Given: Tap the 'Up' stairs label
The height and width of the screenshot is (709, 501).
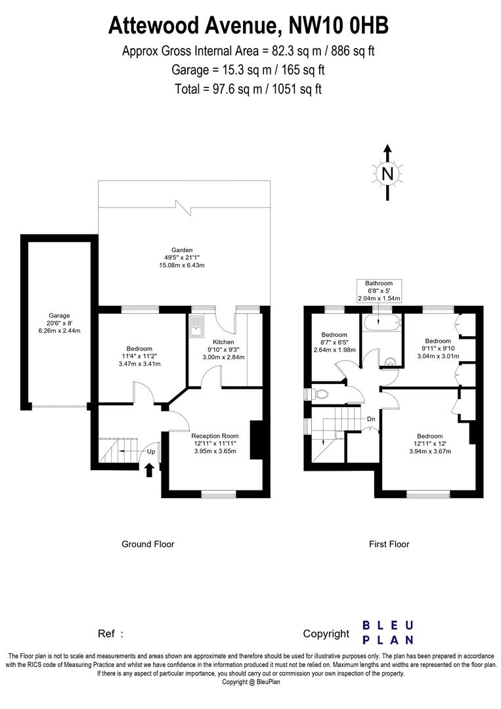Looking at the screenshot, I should (151, 452).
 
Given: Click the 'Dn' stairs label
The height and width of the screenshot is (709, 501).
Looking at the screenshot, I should (371, 419).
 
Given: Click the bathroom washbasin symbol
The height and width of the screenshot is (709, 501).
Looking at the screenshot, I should (390, 360).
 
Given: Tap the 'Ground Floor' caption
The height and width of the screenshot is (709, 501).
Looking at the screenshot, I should (148, 544).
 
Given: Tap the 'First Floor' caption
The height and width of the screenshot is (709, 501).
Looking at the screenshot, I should (389, 544).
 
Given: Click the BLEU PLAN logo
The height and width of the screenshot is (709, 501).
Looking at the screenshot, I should (388, 632).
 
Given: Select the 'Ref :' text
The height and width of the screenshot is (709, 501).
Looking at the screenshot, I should (110, 634).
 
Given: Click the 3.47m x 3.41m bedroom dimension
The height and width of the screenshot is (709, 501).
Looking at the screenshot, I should (139, 364).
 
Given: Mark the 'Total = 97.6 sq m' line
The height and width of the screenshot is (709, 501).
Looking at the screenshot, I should (248, 89).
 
